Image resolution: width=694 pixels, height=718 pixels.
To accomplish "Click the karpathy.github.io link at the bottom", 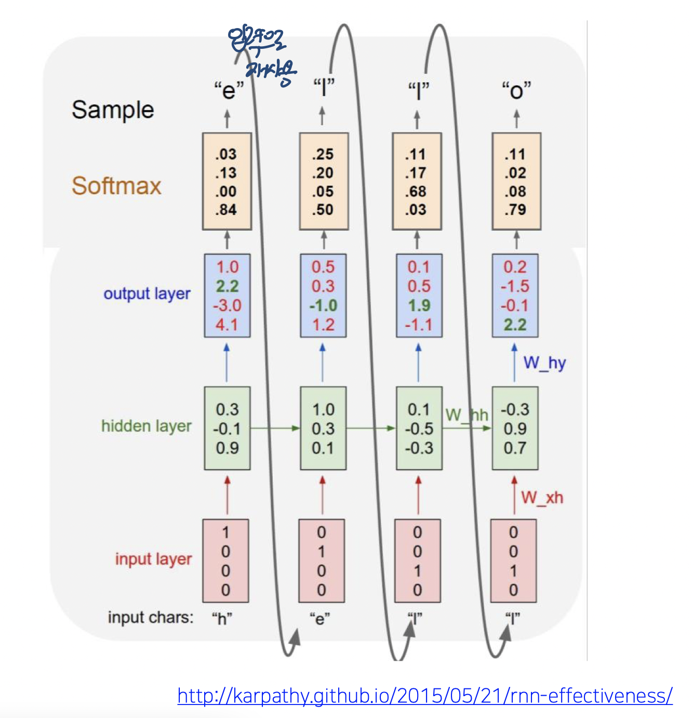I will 424,695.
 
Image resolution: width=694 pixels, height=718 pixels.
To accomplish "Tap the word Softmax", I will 116,186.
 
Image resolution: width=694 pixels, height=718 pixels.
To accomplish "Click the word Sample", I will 113,110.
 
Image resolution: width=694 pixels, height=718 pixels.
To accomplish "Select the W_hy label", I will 544,363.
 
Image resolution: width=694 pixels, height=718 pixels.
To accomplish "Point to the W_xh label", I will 542,498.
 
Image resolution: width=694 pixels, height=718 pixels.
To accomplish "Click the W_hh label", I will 466,415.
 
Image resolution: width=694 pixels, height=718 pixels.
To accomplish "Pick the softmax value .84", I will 226,210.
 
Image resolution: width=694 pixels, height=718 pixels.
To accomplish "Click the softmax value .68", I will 416,191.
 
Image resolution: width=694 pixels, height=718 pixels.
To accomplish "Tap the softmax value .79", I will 515,210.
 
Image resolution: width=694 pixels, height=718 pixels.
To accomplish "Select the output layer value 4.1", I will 226,325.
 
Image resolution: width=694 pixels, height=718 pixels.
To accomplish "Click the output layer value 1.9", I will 419,305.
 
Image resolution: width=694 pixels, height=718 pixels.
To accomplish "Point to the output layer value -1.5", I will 515,286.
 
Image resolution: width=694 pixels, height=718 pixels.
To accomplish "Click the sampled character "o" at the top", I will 516,90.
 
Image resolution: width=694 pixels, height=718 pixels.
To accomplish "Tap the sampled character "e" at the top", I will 229,90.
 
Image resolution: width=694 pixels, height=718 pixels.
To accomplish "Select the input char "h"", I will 222,618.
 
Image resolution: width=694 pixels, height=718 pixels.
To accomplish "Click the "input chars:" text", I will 150,617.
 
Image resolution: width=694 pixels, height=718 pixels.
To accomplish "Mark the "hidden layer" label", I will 146,426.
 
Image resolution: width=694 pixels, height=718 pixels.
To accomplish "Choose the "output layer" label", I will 146,294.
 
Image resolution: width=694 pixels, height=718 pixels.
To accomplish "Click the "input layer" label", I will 153,559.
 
